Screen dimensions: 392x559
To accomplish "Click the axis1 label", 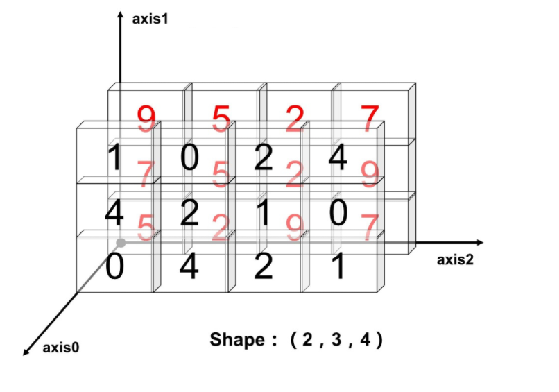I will click(150, 19).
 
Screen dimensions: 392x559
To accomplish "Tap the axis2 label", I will click(455, 260).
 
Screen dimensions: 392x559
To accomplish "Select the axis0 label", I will click(61, 348).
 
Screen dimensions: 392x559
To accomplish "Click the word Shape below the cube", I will click(237, 340).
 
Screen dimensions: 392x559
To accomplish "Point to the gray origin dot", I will click(121, 243).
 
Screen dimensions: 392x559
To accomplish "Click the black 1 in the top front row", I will click(115, 159).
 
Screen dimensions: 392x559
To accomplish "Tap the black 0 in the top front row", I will click(189, 159).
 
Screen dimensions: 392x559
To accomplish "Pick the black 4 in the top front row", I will click(338, 159).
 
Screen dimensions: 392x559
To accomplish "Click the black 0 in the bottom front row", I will click(115, 266).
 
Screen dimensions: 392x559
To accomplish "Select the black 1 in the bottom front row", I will click(338, 266).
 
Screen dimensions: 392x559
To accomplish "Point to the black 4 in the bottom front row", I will click(189, 266).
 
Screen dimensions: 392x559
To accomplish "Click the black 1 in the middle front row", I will click(264, 213).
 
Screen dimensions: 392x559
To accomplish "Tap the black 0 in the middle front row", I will click(338, 213).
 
